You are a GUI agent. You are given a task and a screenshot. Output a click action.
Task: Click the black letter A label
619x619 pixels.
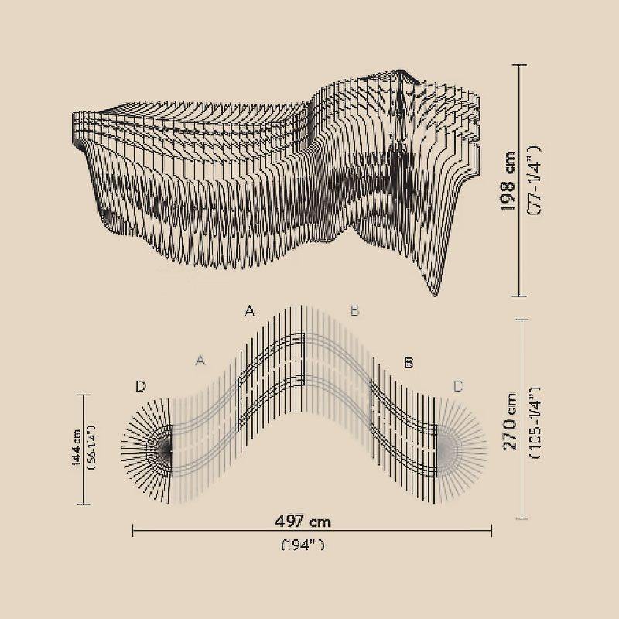coord(249,311)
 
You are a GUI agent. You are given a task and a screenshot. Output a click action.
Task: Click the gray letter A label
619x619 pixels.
coord(200,360)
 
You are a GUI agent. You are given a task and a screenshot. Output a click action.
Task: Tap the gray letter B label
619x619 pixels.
coord(354,311)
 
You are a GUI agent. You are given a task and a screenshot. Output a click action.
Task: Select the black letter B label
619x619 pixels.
coord(409,362)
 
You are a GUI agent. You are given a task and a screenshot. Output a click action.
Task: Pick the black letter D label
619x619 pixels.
coord(141,386)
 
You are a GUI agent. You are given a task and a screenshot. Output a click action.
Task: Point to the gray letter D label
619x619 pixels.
coord(458,386)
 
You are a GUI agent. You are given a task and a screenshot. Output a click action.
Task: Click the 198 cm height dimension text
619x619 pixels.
coord(508,181)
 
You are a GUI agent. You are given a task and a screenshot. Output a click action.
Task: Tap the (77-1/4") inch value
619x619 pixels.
coord(534,180)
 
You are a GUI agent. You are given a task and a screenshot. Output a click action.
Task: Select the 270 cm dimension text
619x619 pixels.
coord(510,421)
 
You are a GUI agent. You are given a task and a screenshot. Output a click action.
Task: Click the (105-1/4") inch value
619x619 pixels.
coord(535,422)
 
